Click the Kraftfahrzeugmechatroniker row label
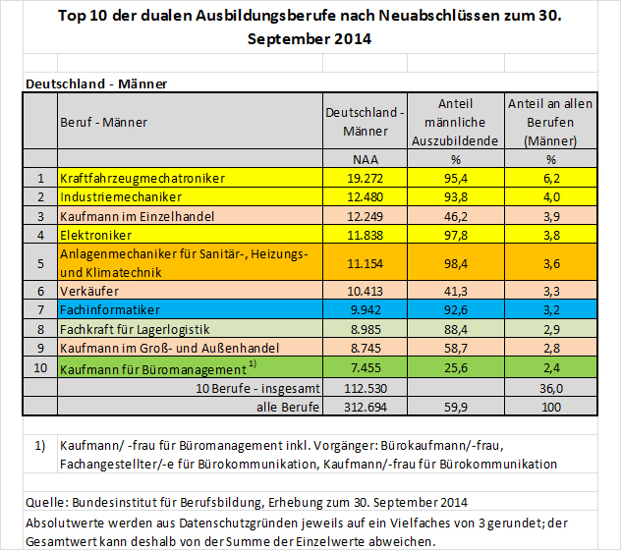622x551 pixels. point(143,178)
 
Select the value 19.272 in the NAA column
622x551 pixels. point(365,178)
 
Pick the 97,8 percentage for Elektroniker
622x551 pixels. point(455,235)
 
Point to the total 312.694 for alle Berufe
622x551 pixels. point(365,405)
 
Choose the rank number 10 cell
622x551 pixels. point(40,368)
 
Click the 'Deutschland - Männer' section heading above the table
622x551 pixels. point(96,83)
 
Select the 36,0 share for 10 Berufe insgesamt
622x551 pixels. point(550,387)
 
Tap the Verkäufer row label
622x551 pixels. point(90,292)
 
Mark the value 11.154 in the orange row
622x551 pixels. point(365,263)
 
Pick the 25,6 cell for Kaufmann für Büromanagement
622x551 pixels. point(455,368)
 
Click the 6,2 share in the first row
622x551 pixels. point(550,178)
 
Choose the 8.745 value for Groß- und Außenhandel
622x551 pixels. point(365,348)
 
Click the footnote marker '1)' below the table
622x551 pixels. point(40,445)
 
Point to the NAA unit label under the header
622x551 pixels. point(365,159)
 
